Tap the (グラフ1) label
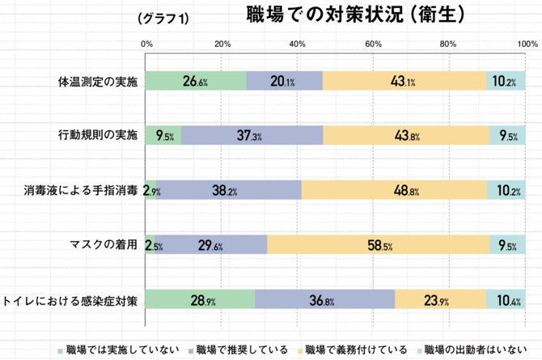pos(163,19)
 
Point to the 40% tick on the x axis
pos(299,44)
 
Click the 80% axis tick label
pos(450,44)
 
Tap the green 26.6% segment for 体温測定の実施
pos(196,81)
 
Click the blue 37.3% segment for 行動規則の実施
pos(251,135)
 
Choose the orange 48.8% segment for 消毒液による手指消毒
pos(394,190)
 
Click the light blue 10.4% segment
pos(506,299)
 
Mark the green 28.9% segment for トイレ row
pos(200,299)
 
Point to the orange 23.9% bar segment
pos(441,299)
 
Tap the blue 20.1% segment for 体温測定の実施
pos(284,81)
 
